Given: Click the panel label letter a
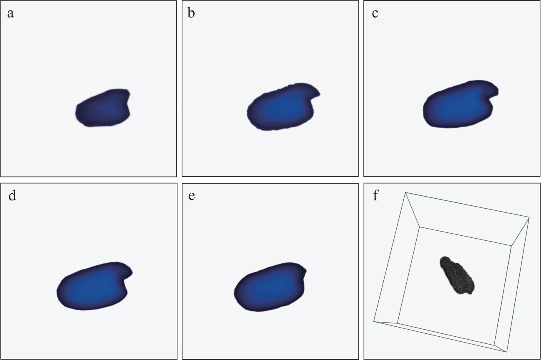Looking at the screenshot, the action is [10, 14].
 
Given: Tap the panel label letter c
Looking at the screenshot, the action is [375, 14].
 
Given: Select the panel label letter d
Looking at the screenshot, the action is [12, 195].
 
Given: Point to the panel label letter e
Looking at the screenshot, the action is [192, 196].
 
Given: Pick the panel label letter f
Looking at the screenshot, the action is [376, 195].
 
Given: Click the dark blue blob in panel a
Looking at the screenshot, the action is [103, 108].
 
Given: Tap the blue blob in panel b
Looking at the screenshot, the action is [283, 107].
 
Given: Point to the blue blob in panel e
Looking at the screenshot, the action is [269, 287].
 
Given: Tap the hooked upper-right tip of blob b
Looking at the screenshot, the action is [319, 94].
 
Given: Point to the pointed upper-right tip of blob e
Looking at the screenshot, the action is [306, 271].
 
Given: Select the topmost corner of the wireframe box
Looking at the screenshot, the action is [405, 192].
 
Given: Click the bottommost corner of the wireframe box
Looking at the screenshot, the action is [507, 352].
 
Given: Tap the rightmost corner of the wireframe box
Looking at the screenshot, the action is [529, 217].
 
